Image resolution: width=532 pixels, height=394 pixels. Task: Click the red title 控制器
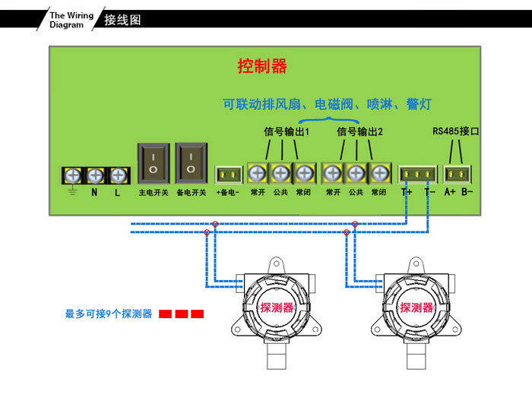pos(262,67)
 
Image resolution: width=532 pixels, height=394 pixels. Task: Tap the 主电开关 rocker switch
pos(153,162)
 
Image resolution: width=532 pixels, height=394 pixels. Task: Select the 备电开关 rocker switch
pos(191,162)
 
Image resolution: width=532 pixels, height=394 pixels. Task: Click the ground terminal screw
pos(73,175)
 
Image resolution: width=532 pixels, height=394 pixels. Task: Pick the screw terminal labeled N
pos(95,175)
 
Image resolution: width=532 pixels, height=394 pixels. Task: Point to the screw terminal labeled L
pos(118,175)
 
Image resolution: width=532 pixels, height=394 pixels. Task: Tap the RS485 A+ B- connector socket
pos(458,174)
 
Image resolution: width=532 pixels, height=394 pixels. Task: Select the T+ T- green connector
pos(418,175)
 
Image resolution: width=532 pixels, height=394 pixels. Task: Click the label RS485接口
pos(456,131)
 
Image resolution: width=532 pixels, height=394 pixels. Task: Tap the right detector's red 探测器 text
pos(416,307)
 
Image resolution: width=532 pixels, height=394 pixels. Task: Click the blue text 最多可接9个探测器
pos(109,314)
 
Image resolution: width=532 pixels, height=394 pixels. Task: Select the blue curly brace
pos(328,118)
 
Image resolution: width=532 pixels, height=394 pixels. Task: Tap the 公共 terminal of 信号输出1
pos(280,173)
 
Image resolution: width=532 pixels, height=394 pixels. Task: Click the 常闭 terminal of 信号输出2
pos(378,173)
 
